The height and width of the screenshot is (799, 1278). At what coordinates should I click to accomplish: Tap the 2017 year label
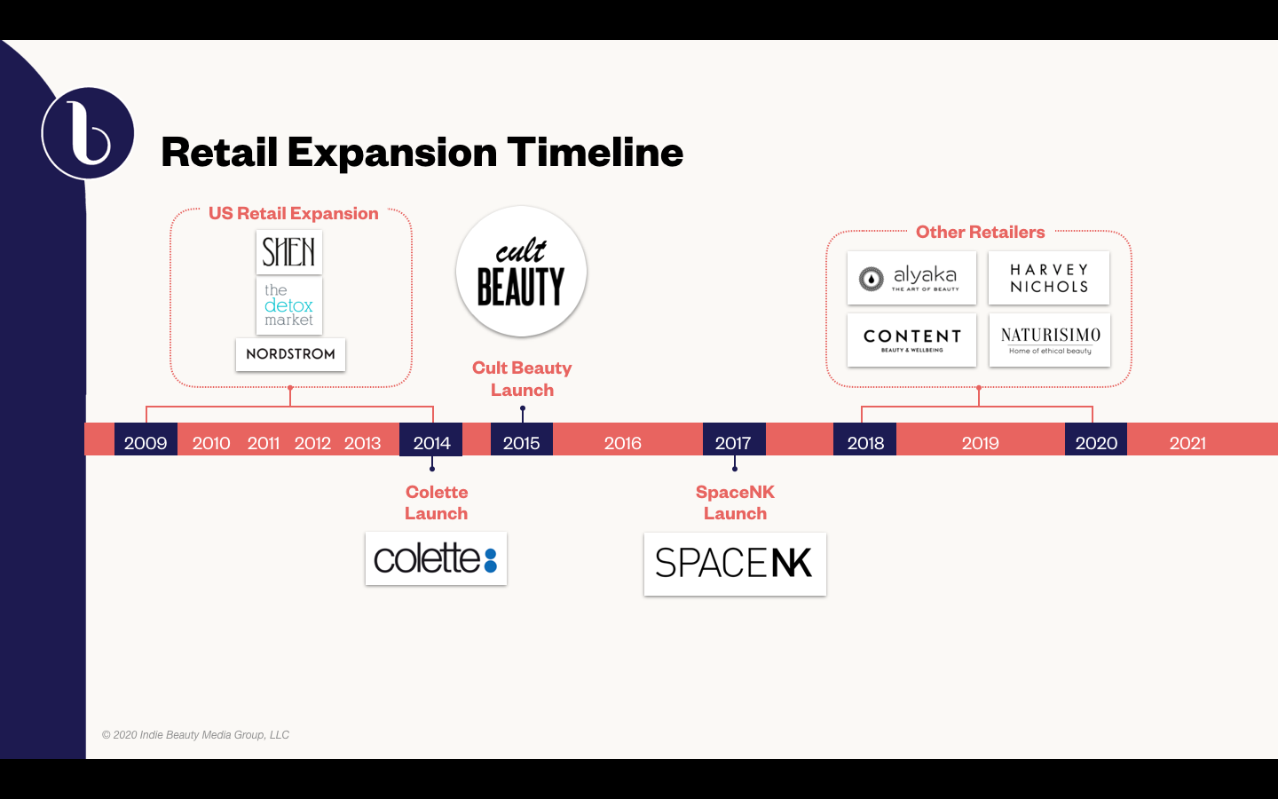click(734, 443)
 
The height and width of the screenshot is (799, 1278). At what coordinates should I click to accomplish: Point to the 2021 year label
click(1187, 443)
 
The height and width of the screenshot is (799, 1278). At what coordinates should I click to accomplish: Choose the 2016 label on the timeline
click(622, 443)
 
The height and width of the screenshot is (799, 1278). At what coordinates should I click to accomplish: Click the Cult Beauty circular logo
click(522, 271)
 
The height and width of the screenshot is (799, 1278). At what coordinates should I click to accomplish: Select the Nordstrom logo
click(290, 354)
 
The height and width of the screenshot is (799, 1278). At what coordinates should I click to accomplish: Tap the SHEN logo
click(289, 252)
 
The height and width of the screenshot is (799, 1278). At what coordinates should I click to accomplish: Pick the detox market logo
click(289, 305)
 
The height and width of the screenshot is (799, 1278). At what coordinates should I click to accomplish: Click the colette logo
click(436, 558)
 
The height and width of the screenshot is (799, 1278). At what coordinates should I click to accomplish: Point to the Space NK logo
click(735, 564)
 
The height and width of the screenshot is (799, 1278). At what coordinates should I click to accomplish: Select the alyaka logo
click(911, 278)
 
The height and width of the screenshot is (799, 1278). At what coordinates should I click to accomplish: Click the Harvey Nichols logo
click(1049, 278)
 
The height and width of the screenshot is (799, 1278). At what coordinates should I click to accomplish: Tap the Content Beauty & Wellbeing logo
click(911, 340)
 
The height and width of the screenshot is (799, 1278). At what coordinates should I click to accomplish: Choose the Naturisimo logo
click(1050, 340)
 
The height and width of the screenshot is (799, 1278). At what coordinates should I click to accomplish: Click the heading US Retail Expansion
click(293, 213)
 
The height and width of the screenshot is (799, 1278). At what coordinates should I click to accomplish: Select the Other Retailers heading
click(980, 233)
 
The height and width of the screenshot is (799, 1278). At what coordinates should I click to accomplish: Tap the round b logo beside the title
click(88, 133)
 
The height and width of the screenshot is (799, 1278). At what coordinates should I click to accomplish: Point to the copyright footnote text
click(195, 734)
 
